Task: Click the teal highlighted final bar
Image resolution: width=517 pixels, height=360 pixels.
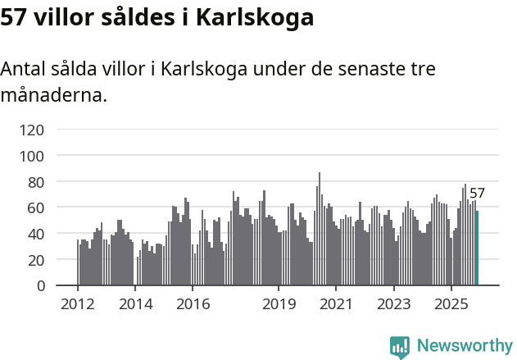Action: click(x=478, y=248)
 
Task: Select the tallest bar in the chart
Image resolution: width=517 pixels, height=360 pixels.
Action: click(x=320, y=230)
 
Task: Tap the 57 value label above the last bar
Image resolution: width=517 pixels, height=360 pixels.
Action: click(x=477, y=194)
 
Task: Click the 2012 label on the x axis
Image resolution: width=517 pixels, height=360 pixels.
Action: click(x=78, y=305)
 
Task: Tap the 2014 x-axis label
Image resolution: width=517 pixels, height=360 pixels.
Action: click(x=135, y=305)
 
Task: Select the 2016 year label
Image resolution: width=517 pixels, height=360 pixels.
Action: click(x=193, y=305)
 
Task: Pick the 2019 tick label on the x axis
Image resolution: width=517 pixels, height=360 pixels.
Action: click(x=279, y=305)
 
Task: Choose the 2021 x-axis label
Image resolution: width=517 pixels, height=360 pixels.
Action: click(x=336, y=305)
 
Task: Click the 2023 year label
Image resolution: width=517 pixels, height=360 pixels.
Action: click(x=393, y=305)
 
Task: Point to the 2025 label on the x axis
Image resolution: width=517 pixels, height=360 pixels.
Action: click(x=451, y=305)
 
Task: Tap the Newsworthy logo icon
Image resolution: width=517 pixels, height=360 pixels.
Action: click(x=400, y=347)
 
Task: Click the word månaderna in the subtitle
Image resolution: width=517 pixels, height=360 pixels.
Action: click(x=53, y=95)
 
